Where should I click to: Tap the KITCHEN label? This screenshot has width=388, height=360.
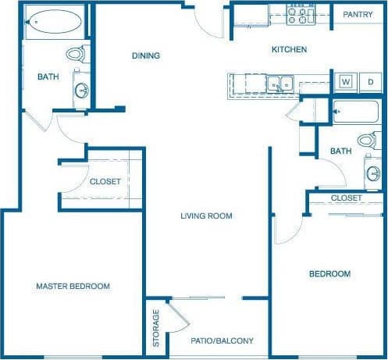(x=288, y=50)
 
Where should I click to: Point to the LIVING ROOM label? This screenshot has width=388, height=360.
(x=206, y=216)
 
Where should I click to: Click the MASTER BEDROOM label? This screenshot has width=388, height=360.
(x=73, y=286)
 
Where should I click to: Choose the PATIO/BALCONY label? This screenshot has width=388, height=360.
(x=222, y=340)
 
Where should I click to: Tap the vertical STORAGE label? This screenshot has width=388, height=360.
(x=156, y=329)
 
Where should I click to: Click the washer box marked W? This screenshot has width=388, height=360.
(x=345, y=81)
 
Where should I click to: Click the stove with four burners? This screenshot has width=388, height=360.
(x=300, y=14)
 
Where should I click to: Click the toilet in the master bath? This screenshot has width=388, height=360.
(x=76, y=55)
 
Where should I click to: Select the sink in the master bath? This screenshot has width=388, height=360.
(x=81, y=89)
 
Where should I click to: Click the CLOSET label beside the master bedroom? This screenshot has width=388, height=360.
(x=105, y=181)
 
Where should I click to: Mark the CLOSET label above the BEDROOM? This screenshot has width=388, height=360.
(x=346, y=198)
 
